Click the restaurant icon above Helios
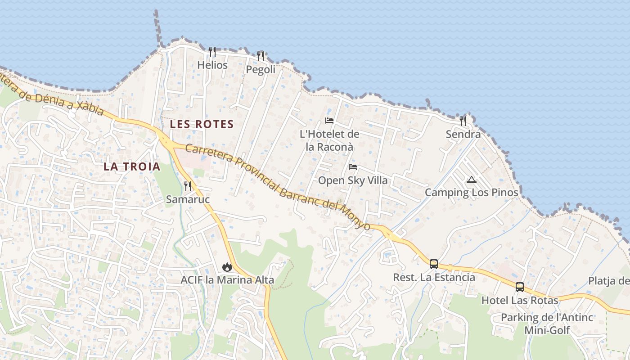pyautogui.click(x=212, y=52)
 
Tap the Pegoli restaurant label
pyautogui.click(x=261, y=70)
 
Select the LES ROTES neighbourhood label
pyautogui.click(x=202, y=124)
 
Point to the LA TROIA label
pyautogui.click(x=132, y=166)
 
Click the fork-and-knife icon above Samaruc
pyautogui.click(x=188, y=186)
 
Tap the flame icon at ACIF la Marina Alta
pyautogui.click(x=227, y=267)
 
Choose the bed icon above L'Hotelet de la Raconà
pyautogui.click(x=329, y=121)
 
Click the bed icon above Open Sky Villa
pyautogui.click(x=353, y=167)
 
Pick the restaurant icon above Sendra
pyautogui.click(x=463, y=121)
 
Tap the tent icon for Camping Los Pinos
pyautogui.click(x=471, y=180)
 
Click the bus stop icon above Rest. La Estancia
pyautogui.click(x=434, y=264)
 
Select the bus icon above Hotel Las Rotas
pyautogui.click(x=519, y=287)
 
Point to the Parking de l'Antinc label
pyautogui.click(x=547, y=317)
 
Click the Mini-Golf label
pyautogui.click(x=547, y=330)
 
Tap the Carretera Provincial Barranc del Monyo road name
pyautogui.click(x=278, y=186)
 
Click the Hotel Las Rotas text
pyautogui.click(x=520, y=300)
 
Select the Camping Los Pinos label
pyautogui.click(x=472, y=193)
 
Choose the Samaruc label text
pyautogui.click(x=188, y=199)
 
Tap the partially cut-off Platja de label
pyautogui.click(x=609, y=281)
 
